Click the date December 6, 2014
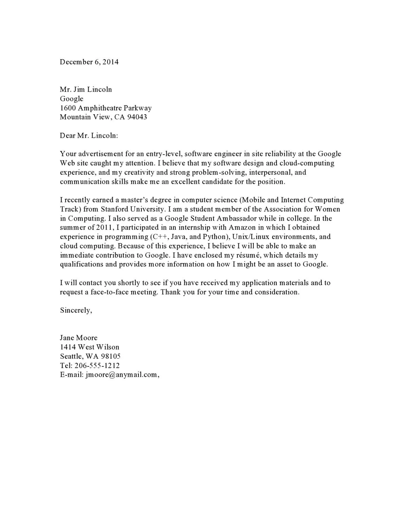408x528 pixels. (x=89, y=62)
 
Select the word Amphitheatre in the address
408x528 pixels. (x=99, y=108)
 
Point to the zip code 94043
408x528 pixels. (x=137, y=117)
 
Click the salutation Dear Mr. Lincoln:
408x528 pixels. (x=89, y=136)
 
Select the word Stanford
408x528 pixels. (x=117, y=209)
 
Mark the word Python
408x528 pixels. (x=214, y=237)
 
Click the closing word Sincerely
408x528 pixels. (x=75, y=310)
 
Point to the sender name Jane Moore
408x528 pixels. (x=79, y=338)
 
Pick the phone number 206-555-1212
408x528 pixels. (x=97, y=365)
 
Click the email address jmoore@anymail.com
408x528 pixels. (x=121, y=375)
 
